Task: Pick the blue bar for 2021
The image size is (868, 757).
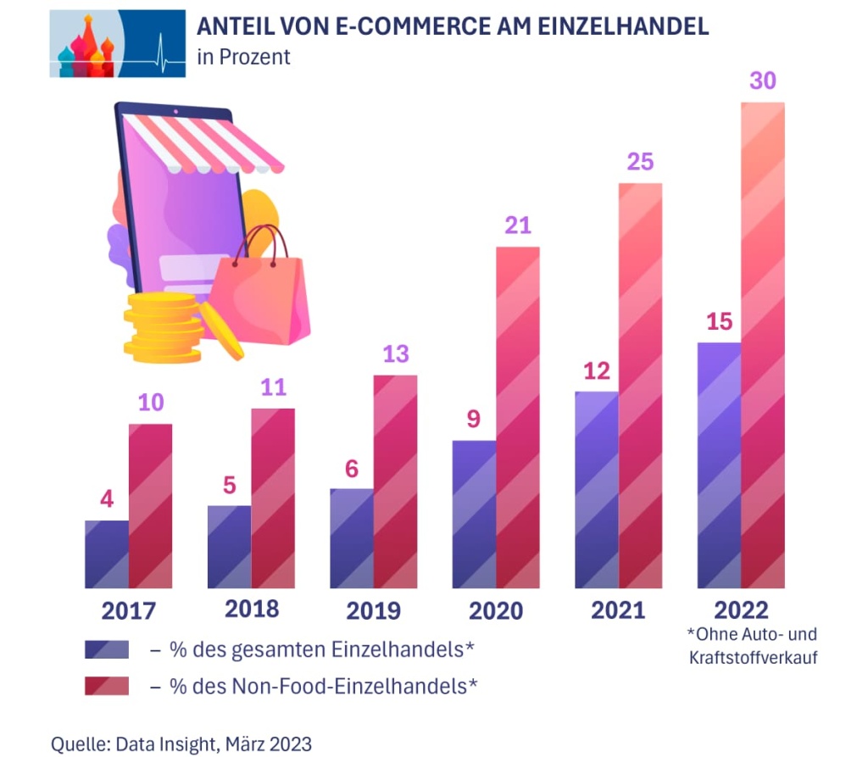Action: [597, 489]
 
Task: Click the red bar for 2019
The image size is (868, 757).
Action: [395, 481]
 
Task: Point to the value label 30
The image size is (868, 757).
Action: [763, 81]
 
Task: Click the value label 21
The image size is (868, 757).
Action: [517, 225]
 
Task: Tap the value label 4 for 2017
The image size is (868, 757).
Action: [107, 499]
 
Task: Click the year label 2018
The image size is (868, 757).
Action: [252, 609]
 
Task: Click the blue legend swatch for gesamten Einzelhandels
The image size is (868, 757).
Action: [107, 649]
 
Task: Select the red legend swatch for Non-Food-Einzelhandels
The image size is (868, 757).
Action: [107, 685]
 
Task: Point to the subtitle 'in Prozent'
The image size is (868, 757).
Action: [243, 58]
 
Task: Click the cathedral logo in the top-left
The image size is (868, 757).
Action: [117, 43]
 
